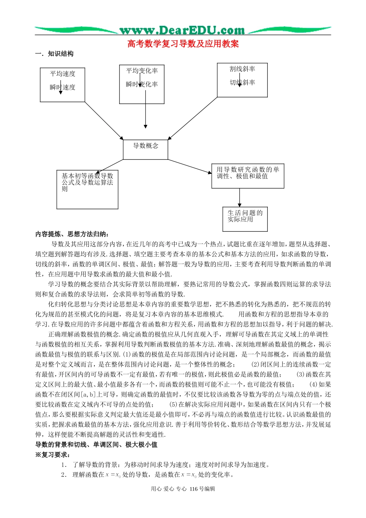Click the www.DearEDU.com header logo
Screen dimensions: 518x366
click(182, 30)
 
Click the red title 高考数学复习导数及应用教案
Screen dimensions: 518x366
click(183, 44)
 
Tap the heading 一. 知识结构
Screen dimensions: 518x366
click(54, 54)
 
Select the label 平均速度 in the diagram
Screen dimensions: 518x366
click(62, 74)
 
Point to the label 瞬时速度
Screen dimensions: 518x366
click(62, 87)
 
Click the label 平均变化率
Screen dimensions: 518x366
click(142, 71)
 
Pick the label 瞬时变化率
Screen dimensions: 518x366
click(142, 84)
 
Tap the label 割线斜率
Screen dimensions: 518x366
click(242, 69)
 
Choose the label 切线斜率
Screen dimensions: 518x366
click(242, 82)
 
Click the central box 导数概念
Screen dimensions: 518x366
click(146, 146)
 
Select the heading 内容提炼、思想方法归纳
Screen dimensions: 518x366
click(72, 234)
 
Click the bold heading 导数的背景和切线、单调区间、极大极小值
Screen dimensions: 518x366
click(96, 445)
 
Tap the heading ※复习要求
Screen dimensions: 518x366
click(53, 455)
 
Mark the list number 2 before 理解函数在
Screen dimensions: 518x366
click(64, 475)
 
